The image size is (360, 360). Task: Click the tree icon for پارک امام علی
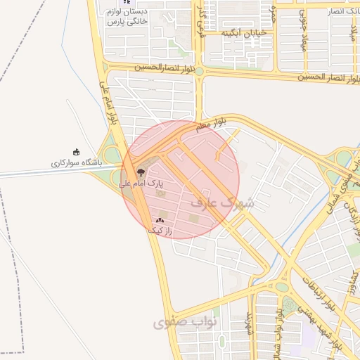140,172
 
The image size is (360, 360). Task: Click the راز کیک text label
160,230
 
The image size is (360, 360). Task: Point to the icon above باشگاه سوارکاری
77,152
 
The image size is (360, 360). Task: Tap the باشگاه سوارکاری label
76,163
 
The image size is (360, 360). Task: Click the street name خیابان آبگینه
245,33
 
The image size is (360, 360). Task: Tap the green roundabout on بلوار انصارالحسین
199,71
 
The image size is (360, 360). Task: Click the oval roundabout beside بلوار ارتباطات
282,287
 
